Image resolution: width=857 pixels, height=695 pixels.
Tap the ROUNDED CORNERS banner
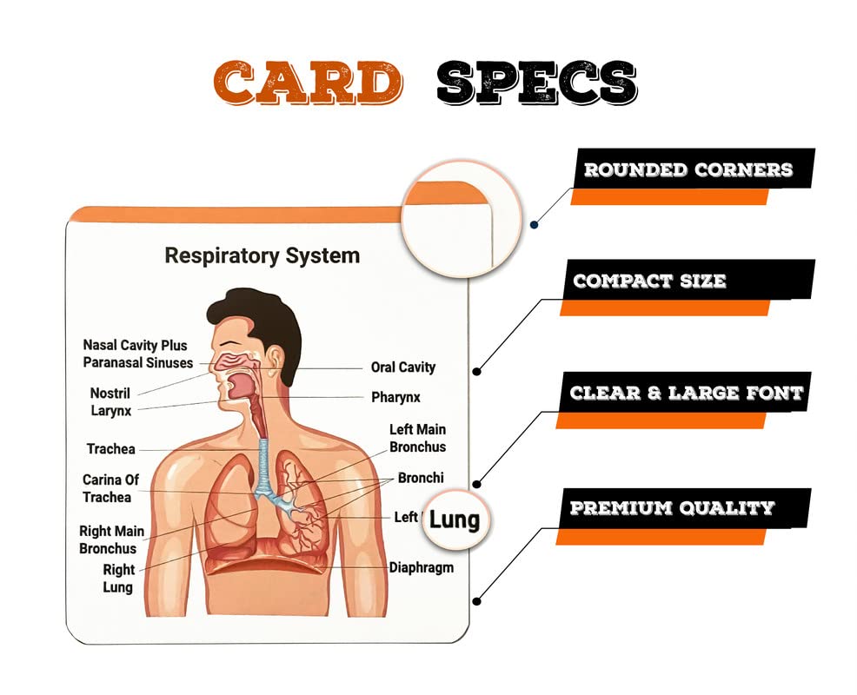(x=688, y=169)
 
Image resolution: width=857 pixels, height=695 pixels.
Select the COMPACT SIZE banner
(x=649, y=281)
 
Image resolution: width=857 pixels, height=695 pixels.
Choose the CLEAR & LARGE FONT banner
(x=686, y=393)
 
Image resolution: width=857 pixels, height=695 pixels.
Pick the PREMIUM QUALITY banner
(x=672, y=507)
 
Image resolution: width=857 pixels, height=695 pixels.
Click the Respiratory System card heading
(x=262, y=255)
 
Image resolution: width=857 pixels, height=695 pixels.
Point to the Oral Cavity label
(x=402, y=367)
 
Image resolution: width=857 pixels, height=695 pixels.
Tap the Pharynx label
(x=395, y=397)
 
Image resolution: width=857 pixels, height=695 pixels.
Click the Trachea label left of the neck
(x=110, y=449)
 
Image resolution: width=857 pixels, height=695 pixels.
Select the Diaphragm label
(x=421, y=567)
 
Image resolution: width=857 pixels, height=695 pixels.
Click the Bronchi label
(x=421, y=478)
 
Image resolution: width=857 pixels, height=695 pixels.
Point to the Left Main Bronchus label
(x=417, y=438)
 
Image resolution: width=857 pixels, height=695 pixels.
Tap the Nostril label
(x=110, y=394)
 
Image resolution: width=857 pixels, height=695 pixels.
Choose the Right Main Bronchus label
(x=111, y=539)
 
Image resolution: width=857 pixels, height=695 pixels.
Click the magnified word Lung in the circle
(x=455, y=520)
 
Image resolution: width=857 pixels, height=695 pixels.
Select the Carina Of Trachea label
(x=110, y=488)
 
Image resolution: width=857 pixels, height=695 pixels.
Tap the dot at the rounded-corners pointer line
(x=534, y=224)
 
